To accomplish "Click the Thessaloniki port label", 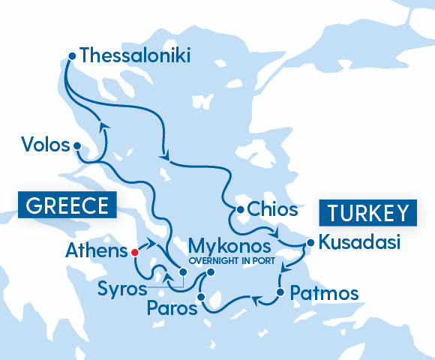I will click(x=135, y=55).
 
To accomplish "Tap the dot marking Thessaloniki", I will click(x=72, y=55).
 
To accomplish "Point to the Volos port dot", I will click(x=77, y=147).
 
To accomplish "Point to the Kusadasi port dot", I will click(x=308, y=242).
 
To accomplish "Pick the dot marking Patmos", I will click(x=280, y=292).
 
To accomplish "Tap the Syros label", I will click(x=121, y=287).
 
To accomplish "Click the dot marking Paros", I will click(x=200, y=298).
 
